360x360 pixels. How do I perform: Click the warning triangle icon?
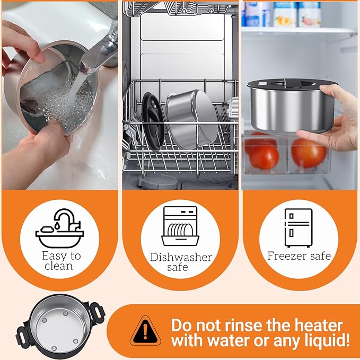[x=145, y=331]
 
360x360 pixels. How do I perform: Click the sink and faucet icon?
[x=60, y=228]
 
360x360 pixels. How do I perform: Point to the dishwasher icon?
[x=180, y=226]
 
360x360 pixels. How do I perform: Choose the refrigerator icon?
[x=298, y=227]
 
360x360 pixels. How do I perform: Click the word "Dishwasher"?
[x=181, y=257]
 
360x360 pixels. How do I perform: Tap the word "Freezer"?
[x=287, y=256]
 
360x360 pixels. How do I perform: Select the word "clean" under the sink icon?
[x=59, y=266]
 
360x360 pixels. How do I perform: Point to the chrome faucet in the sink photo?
[x=101, y=50]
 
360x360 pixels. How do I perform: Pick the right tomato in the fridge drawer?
[x=309, y=152]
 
